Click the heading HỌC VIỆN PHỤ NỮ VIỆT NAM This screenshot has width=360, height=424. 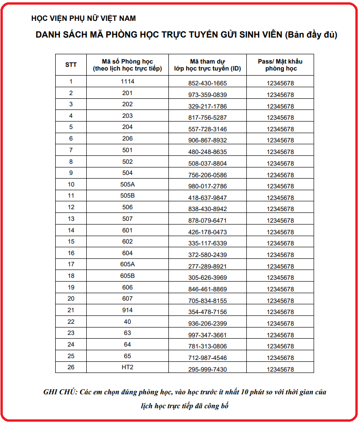click(84, 19)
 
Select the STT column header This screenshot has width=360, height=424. click(71, 65)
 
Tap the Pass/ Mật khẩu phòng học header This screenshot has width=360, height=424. click(281, 65)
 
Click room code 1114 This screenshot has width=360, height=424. click(127, 82)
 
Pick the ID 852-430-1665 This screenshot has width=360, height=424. click(207, 84)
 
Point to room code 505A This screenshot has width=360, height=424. click(127, 184)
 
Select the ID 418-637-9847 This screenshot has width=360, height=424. click(207, 198)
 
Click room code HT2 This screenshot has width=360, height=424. click(127, 367)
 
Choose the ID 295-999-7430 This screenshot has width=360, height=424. click(207, 369)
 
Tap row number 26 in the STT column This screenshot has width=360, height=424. click(71, 367)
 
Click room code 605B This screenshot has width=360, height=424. click(127, 276)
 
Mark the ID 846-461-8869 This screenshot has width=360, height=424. click(207, 289)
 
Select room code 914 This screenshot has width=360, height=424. click(127, 310)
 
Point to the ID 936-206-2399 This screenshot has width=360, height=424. click(207, 323)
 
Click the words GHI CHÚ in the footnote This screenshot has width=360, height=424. click(60, 392)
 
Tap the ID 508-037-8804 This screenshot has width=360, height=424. click(207, 163)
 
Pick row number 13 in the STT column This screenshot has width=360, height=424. click(71, 218)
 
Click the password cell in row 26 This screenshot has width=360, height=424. click(281, 369)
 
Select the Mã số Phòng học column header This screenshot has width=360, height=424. click(127, 65)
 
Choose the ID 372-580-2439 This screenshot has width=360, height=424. click(207, 255)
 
